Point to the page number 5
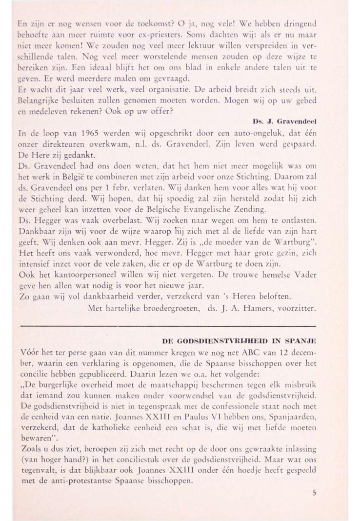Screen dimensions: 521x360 (314, 493)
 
